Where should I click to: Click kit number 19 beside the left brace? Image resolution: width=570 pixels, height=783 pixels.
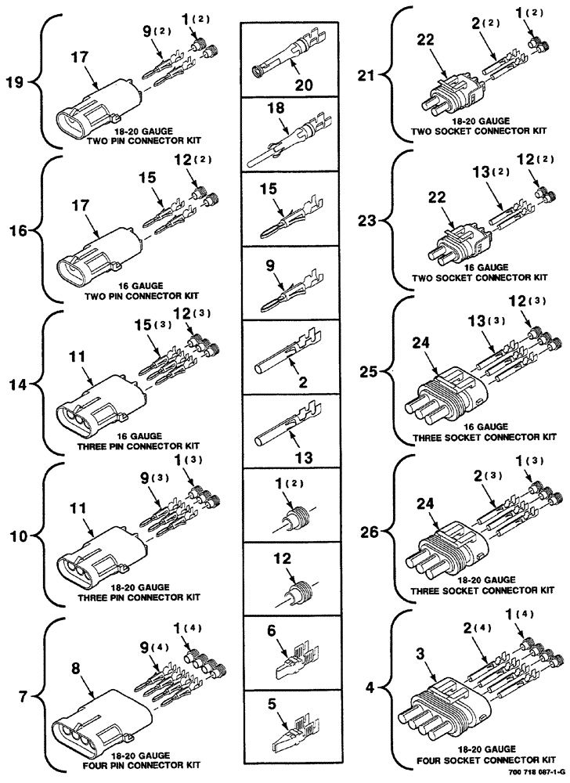point(15,81)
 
